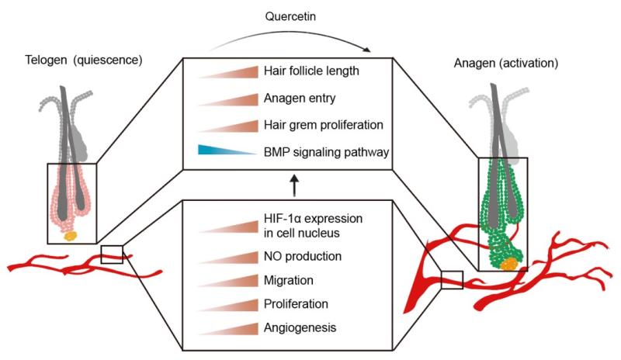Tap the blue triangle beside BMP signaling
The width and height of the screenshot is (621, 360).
point(225,151)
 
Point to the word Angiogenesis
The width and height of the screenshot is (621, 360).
point(300,327)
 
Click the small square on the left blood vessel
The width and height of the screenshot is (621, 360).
point(112,254)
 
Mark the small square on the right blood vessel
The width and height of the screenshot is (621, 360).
point(452,280)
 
